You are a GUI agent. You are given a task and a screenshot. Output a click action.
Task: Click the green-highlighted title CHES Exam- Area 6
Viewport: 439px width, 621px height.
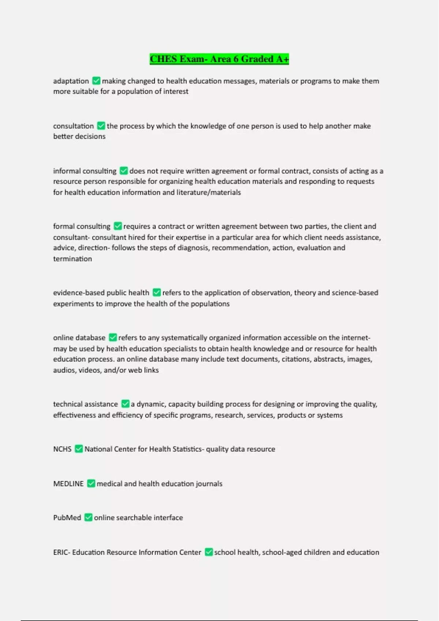click(x=219, y=59)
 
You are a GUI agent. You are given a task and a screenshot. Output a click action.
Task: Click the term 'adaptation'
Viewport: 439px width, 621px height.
click(x=71, y=81)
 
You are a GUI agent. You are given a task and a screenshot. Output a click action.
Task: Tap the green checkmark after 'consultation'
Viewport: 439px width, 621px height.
click(x=101, y=126)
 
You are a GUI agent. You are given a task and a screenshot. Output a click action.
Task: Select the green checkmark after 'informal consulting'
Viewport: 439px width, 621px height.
click(x=124, y=171)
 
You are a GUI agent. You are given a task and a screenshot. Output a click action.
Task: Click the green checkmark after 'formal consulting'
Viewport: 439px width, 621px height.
click(x=117, y=226)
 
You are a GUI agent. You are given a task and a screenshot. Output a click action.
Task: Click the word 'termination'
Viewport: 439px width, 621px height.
click(x=72, y=259)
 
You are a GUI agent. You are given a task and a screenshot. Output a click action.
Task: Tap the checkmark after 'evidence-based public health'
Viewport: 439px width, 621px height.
click(x=157, y=293)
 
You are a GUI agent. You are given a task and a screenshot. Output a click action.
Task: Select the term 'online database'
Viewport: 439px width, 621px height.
click(x=79, y=338)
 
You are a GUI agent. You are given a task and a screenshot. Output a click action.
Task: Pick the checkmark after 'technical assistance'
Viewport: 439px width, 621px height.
click(x=125, y=404)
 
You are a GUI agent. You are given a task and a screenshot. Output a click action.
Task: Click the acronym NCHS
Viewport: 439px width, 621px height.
click(x=62, y=449)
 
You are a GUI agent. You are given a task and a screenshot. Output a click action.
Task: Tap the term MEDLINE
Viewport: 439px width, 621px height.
click(x=68, y=484)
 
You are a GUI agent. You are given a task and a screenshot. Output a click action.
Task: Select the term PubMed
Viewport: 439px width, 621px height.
click(x=67, y=518)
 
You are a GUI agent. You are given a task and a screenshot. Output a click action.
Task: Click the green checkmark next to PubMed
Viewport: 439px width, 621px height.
click(x=88, y=518)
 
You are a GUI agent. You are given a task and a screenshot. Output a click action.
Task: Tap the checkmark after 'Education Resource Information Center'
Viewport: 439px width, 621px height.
click(x=209, y=552)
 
